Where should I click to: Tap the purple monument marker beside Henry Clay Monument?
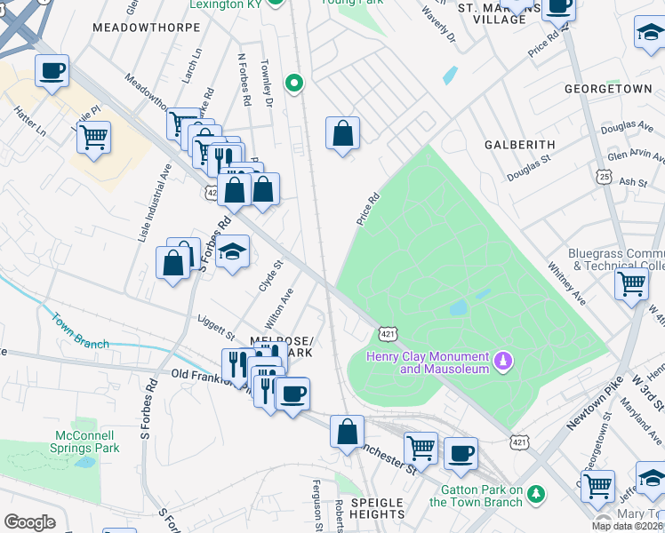point(503,361)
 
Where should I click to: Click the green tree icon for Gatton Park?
point(535,492)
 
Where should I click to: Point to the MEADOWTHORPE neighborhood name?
point(137,28)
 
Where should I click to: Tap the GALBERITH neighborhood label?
point(519,144)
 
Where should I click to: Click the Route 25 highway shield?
point(604,178)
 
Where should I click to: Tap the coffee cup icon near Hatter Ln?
point(52,69)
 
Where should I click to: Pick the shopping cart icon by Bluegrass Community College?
point(631,284)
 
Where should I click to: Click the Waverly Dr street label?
point(439,26)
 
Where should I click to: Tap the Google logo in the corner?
point(29,522)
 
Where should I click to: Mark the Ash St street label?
point(633,182)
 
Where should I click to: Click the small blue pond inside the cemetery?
point(459,308)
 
